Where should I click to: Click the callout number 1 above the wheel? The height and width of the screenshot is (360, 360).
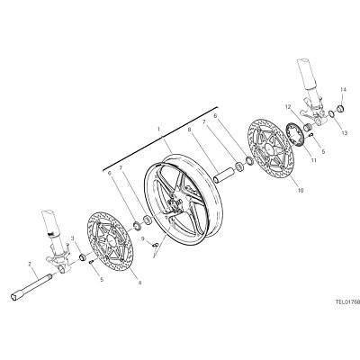pos(158,130)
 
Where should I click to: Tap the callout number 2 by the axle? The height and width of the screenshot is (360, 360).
pos(30,264)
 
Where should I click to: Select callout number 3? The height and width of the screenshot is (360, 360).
pos(72,238)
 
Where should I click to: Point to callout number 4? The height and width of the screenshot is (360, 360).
pos(139,282)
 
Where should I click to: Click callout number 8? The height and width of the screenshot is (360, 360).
pos(189,130)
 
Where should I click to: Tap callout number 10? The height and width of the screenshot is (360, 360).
pos(301,190)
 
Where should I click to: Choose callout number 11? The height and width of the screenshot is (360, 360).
pos(313,160)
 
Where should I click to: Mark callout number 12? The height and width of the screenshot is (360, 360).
pos(288,106)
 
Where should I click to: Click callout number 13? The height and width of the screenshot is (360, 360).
pos(344,133)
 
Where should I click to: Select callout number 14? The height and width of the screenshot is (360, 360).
pos(344,89)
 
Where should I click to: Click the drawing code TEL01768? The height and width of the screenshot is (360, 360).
pos(347,302)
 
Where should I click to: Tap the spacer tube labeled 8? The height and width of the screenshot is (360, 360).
pos(224,175)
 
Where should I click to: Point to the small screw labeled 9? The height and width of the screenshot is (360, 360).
pos(155,245)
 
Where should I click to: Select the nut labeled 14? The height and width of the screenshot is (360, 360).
pos(340,108)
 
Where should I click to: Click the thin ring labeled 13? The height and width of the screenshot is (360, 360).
pos(331,113)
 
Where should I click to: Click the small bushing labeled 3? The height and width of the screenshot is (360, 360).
pos(82,257)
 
